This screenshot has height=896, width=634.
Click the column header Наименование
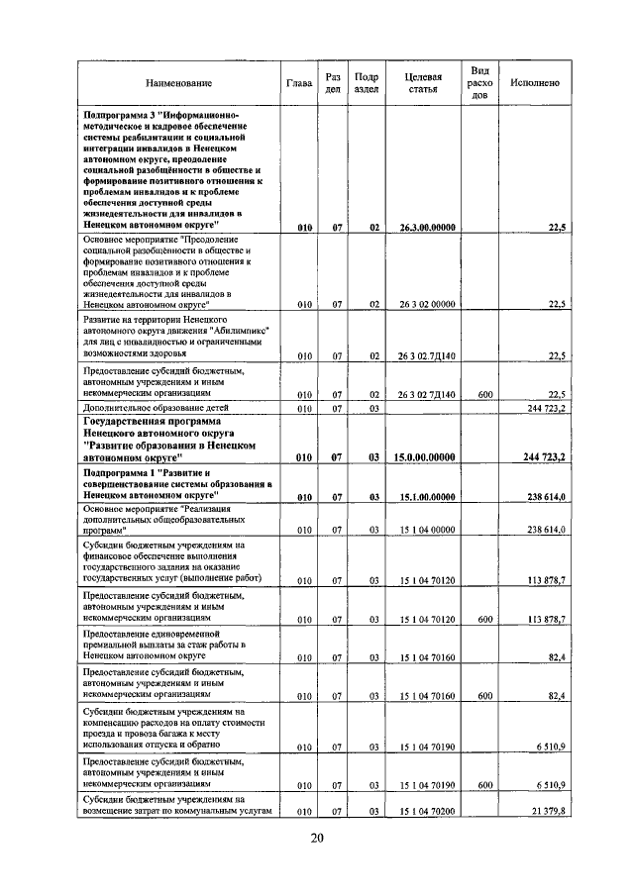coord(178,83)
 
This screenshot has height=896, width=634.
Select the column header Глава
coord(299,83)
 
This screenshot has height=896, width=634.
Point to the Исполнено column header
coord(534,83)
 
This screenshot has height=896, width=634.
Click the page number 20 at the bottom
coord(317,838)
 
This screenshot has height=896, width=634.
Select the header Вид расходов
coord(479,83)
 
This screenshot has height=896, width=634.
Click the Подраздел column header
coord(367,83)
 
